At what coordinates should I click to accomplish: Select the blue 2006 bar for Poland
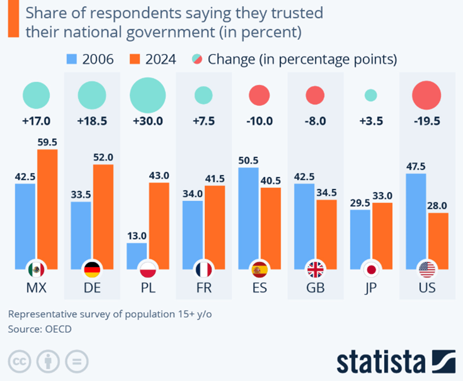point(137,256)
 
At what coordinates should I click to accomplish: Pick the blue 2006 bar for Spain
point(248,218)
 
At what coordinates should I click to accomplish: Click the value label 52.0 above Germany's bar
point(103,158)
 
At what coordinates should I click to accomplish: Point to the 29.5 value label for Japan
point(360,203)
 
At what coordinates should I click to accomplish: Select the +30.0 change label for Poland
point(148,121)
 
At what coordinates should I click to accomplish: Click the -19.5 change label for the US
point(427,121)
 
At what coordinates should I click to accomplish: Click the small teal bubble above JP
point(371,96)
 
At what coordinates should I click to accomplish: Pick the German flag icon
point(92,270)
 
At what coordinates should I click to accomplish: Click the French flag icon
point(203,270)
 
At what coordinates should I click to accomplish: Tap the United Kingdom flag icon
point(315,270)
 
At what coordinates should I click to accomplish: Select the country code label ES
point(260,289)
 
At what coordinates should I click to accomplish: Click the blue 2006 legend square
point(71,60)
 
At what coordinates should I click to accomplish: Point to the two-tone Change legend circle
point(197,60)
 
